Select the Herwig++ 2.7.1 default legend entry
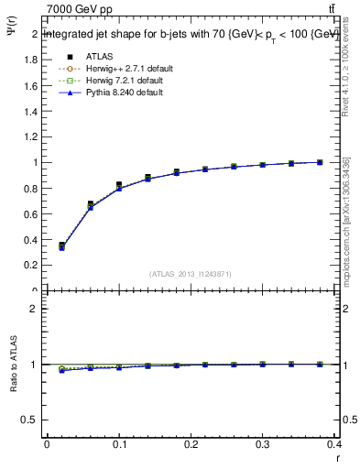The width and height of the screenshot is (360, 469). (x=125, y=69)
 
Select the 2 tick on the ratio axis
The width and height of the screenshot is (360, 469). (x=33, y=309)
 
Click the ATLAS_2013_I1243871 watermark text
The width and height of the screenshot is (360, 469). (x=191, y=274)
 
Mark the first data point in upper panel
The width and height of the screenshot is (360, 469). (x=61, y=245)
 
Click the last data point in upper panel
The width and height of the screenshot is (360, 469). (x=320, y=162)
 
